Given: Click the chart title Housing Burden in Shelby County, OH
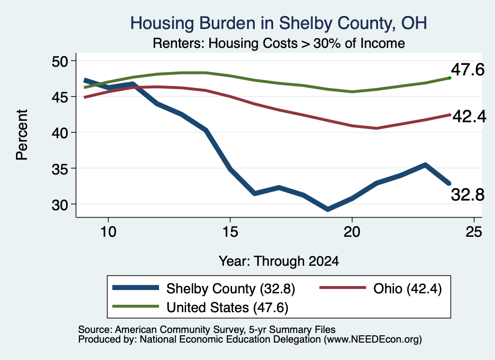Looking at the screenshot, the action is coord(278,23).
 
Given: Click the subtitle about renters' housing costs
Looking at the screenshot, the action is coord(278,43).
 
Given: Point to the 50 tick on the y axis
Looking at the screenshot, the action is coord(60,61).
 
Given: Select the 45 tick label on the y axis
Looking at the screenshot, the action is coord(60,97).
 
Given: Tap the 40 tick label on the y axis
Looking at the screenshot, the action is coord(60,133).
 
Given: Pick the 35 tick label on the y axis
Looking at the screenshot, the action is coord(60,169).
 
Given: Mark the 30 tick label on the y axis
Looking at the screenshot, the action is coord(60,205).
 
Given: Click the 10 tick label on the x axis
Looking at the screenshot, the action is coord(108,232).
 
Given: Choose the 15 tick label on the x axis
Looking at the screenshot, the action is coord(230,232).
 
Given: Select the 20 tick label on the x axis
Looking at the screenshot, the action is coord(352,232).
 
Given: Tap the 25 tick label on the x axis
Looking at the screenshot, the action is coord(474,232).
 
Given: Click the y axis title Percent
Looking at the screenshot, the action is coord(22,135).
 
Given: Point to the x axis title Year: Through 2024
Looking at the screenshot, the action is coord(279,261).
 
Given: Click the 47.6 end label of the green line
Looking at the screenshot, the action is coord(467,70).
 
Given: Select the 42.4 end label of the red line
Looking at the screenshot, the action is coord(469,116).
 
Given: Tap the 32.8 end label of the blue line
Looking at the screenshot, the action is coord(467,195).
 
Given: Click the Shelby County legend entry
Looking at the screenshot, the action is coord(204,288).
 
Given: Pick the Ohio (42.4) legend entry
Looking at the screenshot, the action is coord(381,288).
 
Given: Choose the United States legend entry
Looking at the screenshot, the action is coord(201,307).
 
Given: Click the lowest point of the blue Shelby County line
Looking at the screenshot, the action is coord(328,209).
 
